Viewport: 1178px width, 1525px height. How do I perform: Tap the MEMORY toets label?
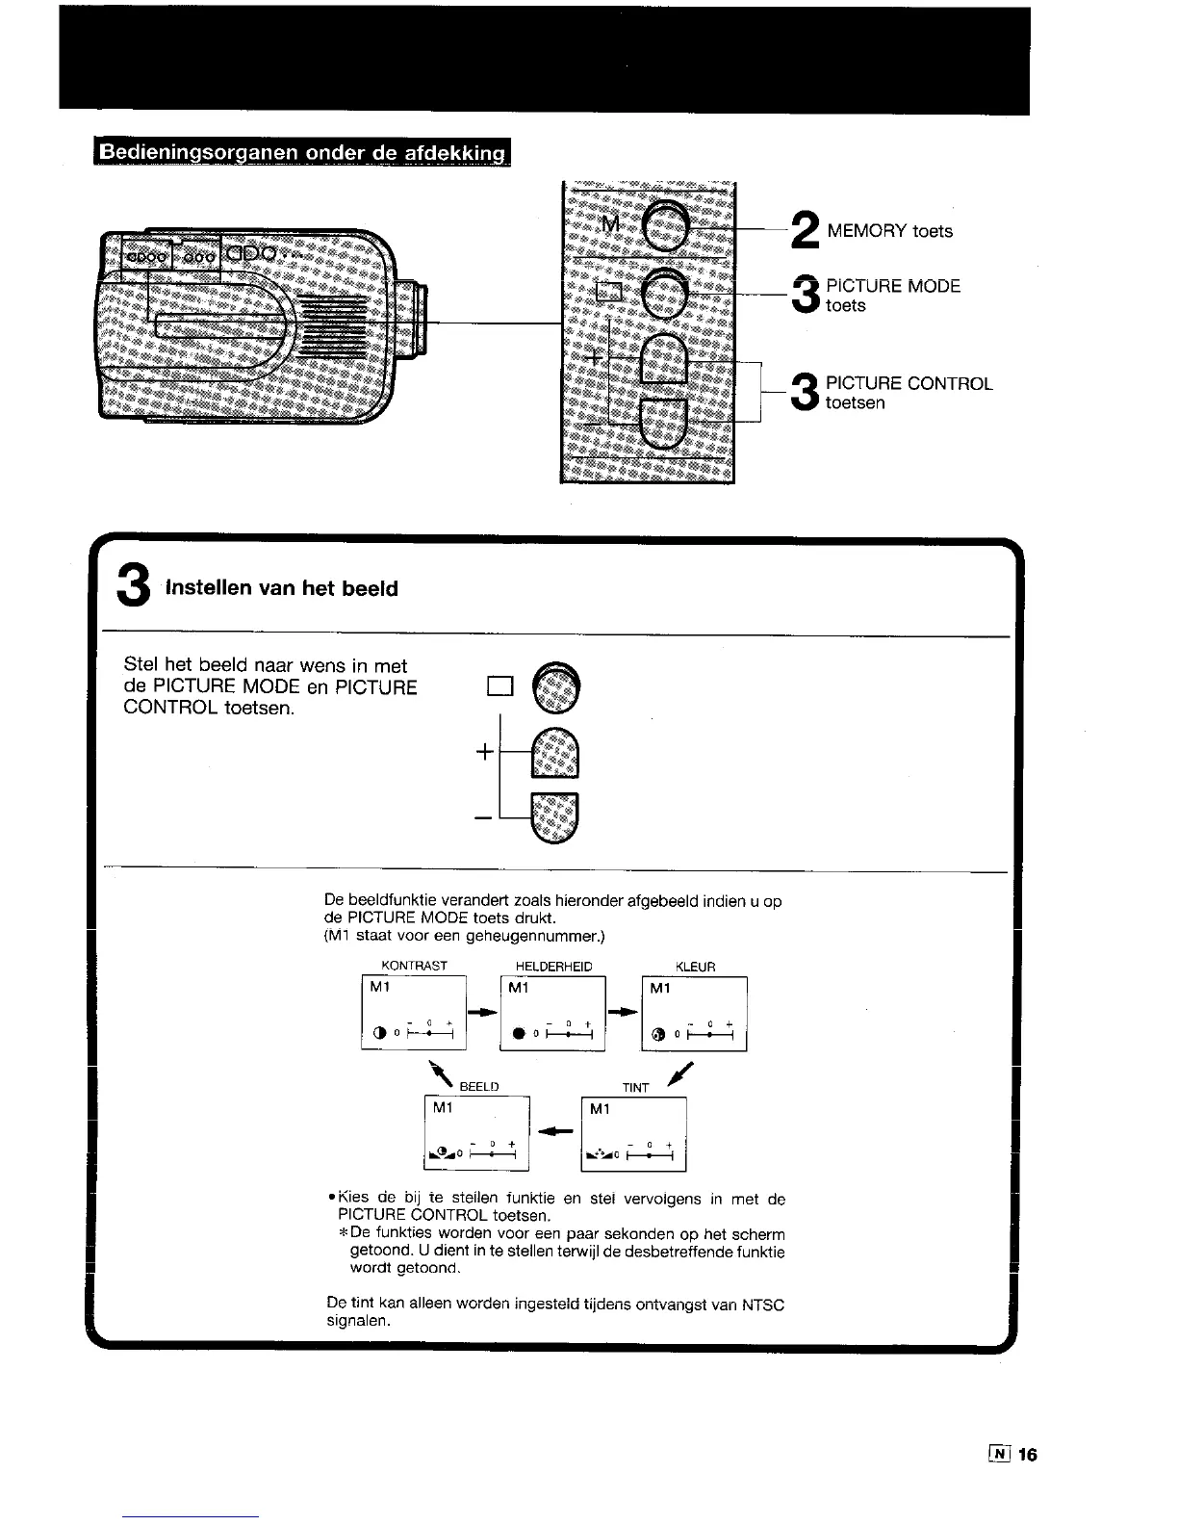pyautogui.click(x=889, y=231)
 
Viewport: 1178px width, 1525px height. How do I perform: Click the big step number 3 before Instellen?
pyautogui.click(x=133, y=586)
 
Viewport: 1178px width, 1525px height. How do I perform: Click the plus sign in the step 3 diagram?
pyautogui.click(x=484, y=752)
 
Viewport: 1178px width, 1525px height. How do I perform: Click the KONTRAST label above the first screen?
pyautogui.click(x=415, y=966)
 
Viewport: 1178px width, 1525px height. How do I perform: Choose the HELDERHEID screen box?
pyautogui.click(x=552, y=1014)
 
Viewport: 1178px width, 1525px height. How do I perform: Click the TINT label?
pyautogui.click(x=635, y=1088)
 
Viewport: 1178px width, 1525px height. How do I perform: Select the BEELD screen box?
pyautogui.click(x=477, y=1133)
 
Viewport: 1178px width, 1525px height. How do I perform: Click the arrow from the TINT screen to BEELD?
pyautogui.click(x=550, y=1131)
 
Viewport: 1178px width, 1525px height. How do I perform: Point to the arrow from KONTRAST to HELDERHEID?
pyautogui.click(x=482, y=1012)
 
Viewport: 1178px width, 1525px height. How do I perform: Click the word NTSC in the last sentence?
pyautogui.click(x=763, y=1305)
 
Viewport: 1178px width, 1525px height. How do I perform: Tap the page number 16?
pyautogui.click(x=1027, y=1455)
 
